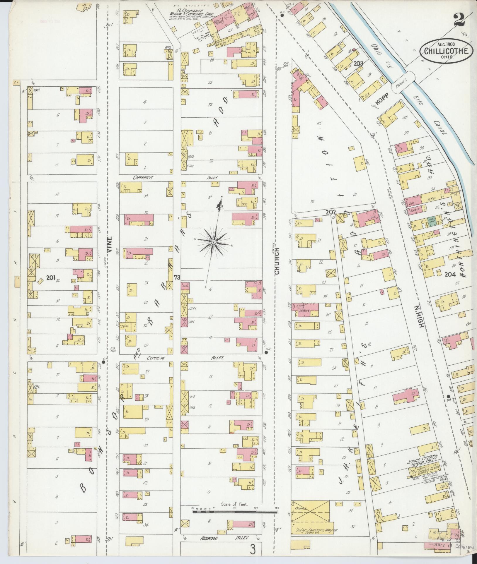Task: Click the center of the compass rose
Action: point(214,242)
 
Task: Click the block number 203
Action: point(358,63)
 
